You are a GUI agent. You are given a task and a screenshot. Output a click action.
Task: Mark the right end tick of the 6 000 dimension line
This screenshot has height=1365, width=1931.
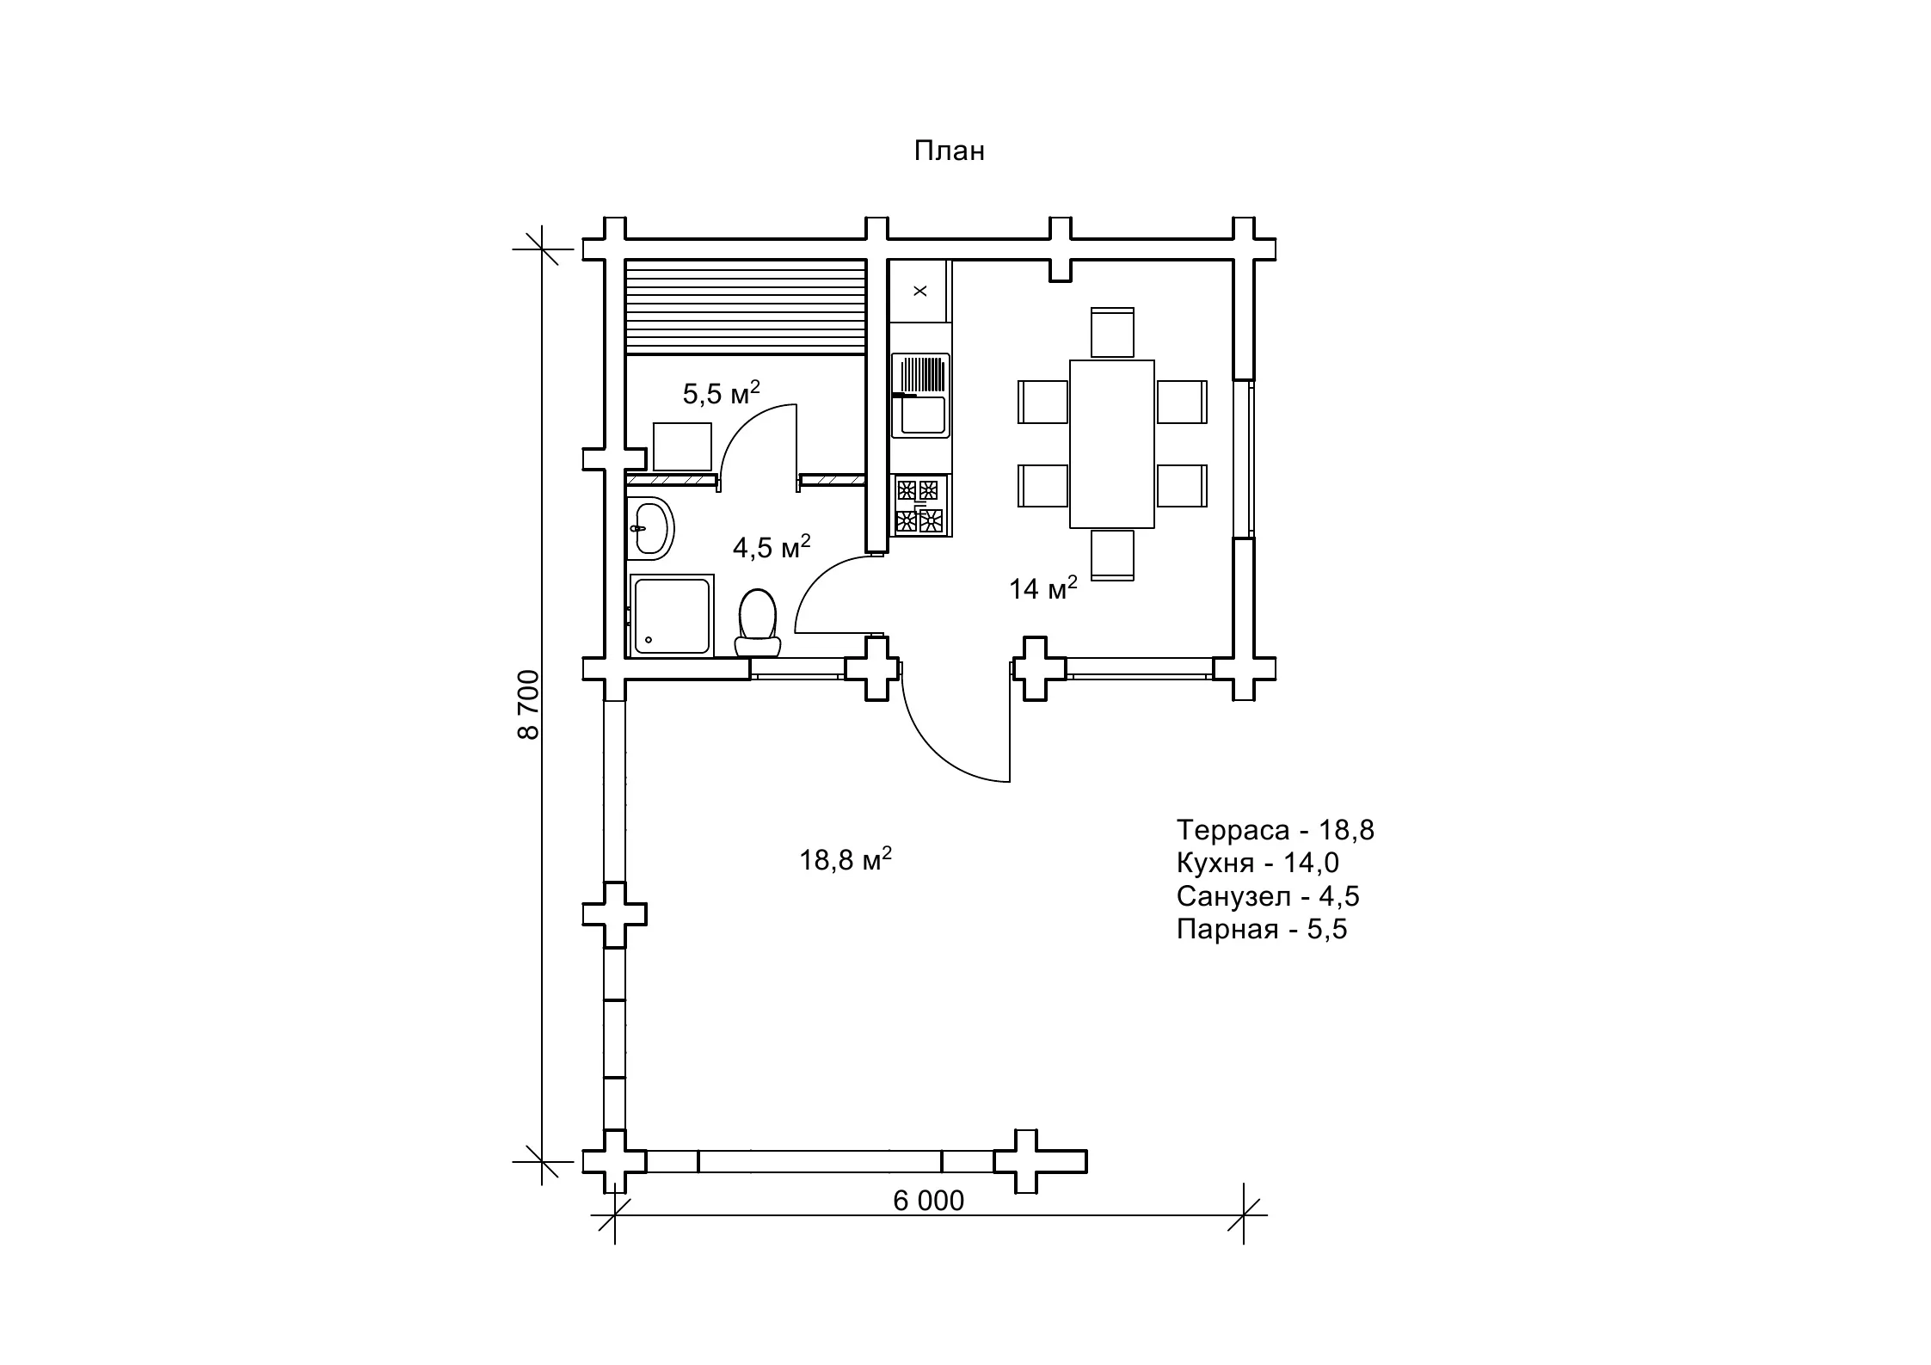pos(1244,1215)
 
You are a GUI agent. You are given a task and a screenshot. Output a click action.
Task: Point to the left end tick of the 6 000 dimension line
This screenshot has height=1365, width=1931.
pos(614,1215)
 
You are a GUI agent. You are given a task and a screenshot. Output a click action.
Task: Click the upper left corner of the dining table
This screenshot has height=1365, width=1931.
pos(1070,360)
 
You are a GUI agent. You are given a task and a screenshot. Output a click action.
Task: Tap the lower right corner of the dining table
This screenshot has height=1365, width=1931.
pos(1154,528)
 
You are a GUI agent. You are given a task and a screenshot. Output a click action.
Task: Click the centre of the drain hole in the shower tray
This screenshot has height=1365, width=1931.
pos(648,639)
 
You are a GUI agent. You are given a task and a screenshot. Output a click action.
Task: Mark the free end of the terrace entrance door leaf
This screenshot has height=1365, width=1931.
pos(1009,782)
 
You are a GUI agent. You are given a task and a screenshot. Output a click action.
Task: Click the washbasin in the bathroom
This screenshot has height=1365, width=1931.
pos(650,526)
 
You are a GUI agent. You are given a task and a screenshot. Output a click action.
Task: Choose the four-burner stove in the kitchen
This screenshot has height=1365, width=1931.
pos(920,506)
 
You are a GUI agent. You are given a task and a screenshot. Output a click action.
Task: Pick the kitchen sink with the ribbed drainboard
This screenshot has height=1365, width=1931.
pos(920,395)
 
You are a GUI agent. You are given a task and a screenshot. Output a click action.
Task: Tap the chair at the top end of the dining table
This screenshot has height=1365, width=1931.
pos(1112,332)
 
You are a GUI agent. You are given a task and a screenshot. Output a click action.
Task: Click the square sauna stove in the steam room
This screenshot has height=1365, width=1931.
pos(683,447)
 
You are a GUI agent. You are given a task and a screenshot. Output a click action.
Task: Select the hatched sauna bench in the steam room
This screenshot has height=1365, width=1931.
pos(745,307)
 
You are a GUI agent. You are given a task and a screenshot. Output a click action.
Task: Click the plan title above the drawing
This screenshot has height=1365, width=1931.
pos(949,151)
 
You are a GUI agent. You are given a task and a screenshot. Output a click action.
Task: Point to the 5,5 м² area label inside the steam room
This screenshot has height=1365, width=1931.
pos(722,392)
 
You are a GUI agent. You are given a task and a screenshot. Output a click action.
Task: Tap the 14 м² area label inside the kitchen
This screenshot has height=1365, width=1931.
pos(1043,588)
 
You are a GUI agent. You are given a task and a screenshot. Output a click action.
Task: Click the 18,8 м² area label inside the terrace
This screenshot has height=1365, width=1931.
pos(846,859)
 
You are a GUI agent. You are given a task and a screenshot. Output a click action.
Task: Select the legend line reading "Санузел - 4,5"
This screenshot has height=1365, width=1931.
pos(1268,896)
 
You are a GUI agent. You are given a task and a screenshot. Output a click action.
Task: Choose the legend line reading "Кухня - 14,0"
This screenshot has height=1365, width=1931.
pos(1258,863)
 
